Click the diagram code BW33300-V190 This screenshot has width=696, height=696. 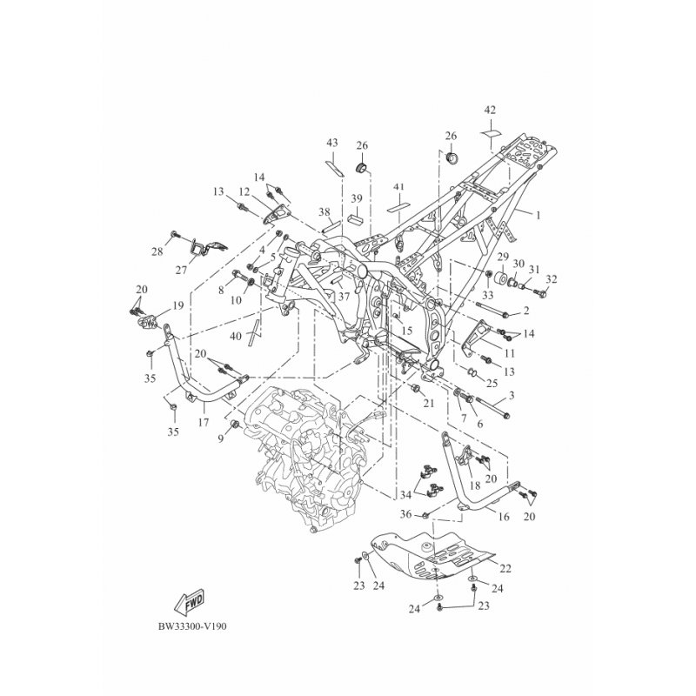pyautogui.click(x=192, y=626)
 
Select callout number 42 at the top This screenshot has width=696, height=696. pyautogui.click(x=490, y=110)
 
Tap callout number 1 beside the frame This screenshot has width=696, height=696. pyautogui.click(x=539, y=216)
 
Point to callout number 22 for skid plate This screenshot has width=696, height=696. pyautogui.click(x=505, y=568)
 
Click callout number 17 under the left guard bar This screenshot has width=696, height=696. pyautogui.click(x=204, y=422)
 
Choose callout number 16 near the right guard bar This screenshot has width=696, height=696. pyautogui.click(x=504, y=517)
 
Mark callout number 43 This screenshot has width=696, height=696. pyautogui.click(x=332, y=143)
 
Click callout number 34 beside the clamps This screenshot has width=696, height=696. pyautogui.click(x=405, y=494)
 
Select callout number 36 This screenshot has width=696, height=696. pyautogui.click(x=406, y=514)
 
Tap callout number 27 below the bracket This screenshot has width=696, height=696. pyautogui.click(x=181, y=270)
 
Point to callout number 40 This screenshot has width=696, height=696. pyautogui.click(x=236, y=336)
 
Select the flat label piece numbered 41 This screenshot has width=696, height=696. pyautogui.click(x=398, y=207)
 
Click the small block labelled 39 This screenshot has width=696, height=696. pyautogui.click(x=356, y=220)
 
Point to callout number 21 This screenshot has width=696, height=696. pyautogui.click(x=428, y=403)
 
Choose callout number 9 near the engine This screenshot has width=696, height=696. pyautogui.click(x=221, y=439)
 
